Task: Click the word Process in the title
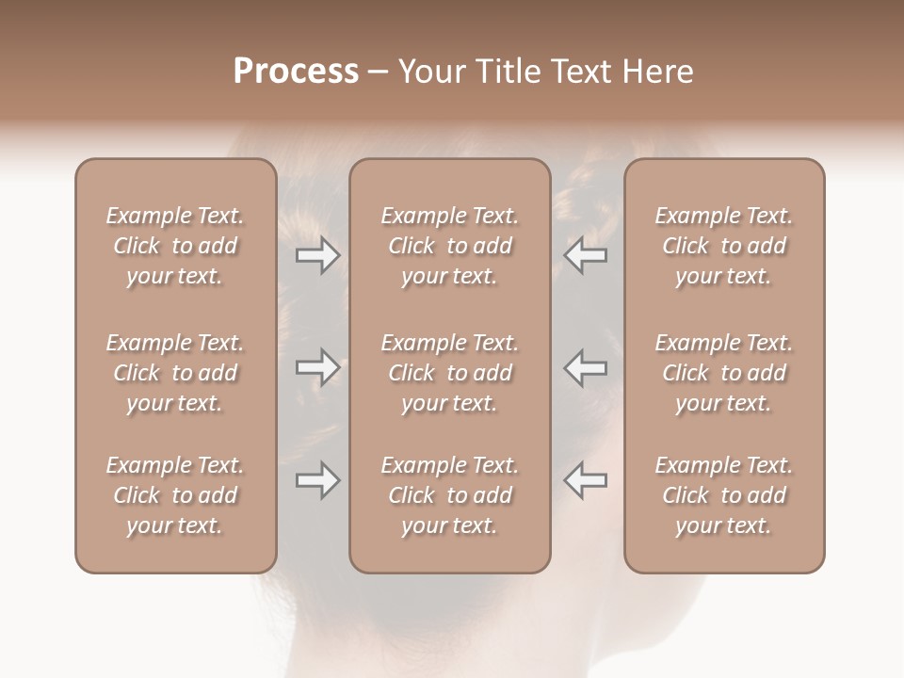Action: pyautogui.click(x=296, y=72)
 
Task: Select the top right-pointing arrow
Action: pyautogui.click(x=317, y=254)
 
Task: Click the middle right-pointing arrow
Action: pyautogui.click(x=317, y=367)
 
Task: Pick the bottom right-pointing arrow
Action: pyautogui.click(x=317, y=480)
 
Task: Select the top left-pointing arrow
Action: pyautogui.click(x=585, y=254)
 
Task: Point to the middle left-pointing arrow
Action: pyautogui.click(x=585, y=367)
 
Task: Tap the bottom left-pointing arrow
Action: pyautogui.click(x=585, y=480)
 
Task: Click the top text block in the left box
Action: pyautogui.click(x=175, y=246)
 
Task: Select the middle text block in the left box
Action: pyautogui.click(x=175, y=373)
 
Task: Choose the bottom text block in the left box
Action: pyautogui.click(x=175, y=495)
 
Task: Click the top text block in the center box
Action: pyautogui.click(x=449, y=246)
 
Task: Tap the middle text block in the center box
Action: pyautogui.click(x=449, y=373)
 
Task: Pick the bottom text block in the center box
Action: pyautogui.click(x=449, y=495)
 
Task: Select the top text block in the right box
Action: pyautogui.click(x=723, y=246)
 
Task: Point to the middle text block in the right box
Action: pyautogui.click(x=723, y=373)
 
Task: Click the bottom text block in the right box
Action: pyautogui.click(x=723, y=495)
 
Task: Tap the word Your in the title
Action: pyautogui.click(x=429, y=72)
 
